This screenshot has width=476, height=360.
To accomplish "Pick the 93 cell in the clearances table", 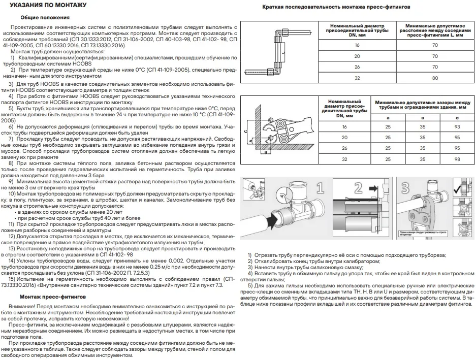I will (457, 126).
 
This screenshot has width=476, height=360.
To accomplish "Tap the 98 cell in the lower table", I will (457, 159).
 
